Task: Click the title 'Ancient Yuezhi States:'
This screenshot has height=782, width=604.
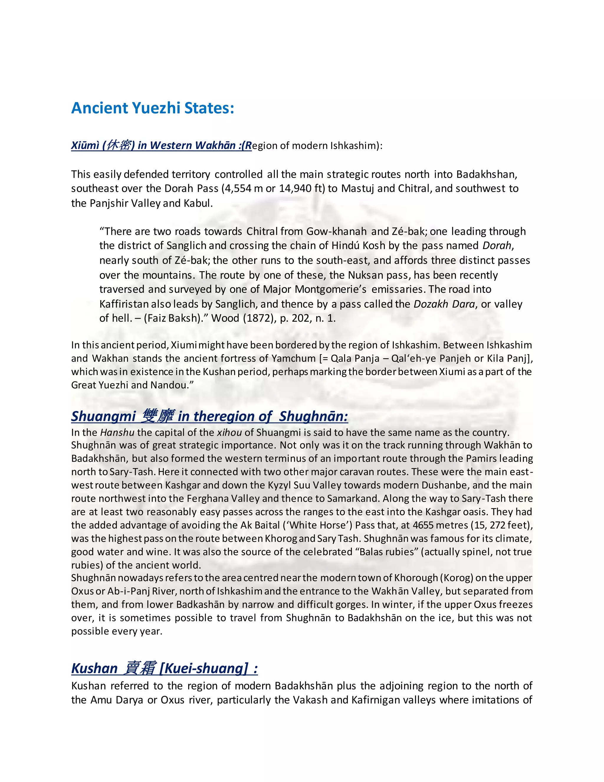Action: (152, 108)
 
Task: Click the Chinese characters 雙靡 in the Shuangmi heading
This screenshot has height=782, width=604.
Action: (158, 416)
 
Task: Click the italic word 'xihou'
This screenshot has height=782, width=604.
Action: (229, 433)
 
